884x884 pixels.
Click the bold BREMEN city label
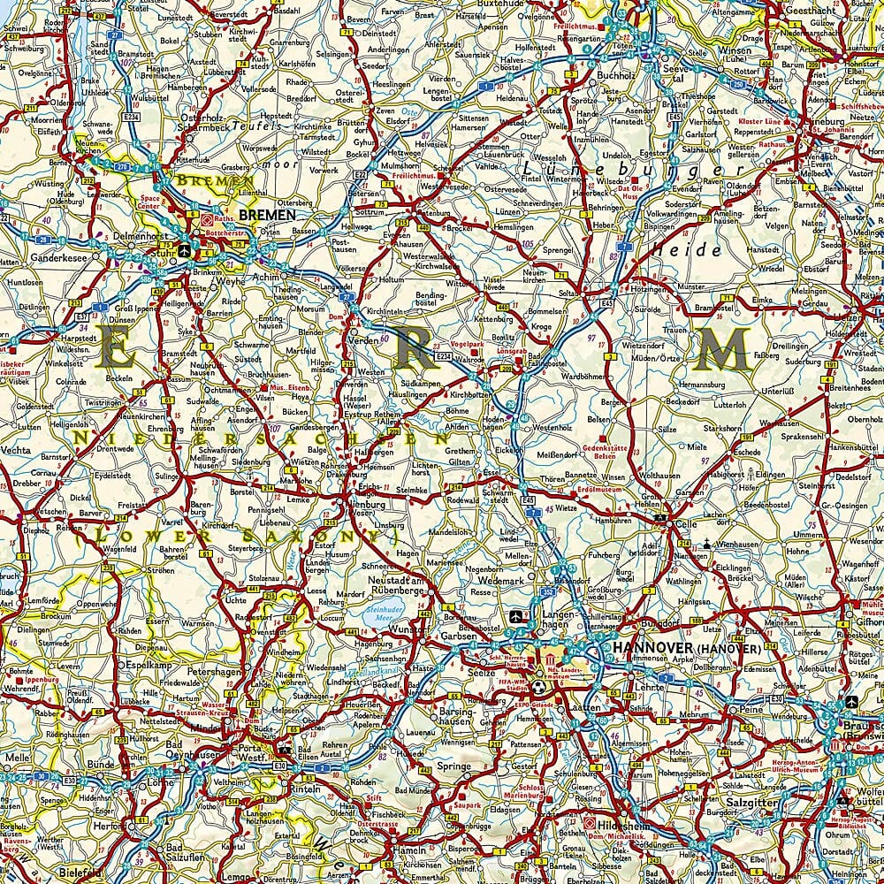pyautogui.click(x=268, y=215)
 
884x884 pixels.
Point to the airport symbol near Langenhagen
pyautogui.click(x=516, y=616)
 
